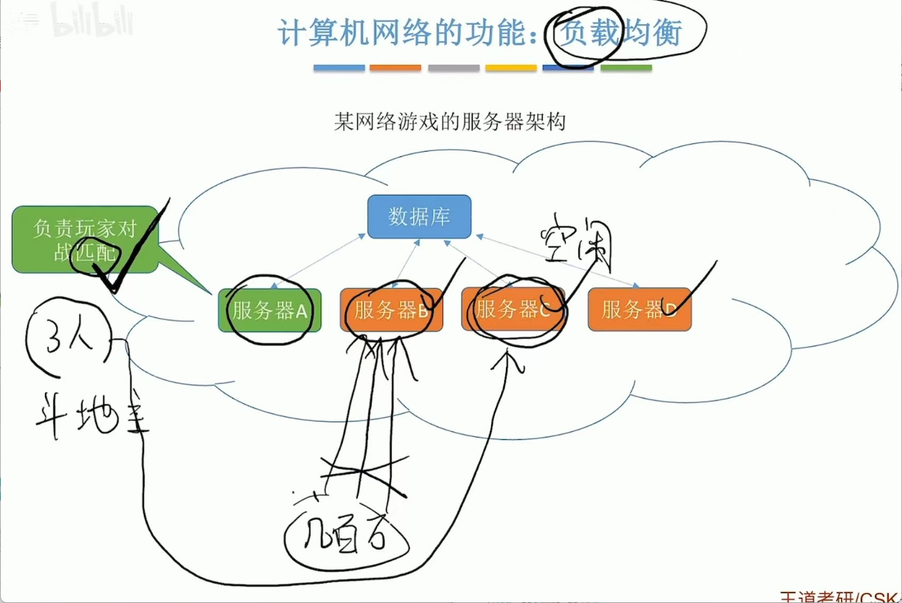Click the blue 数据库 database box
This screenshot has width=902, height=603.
pyautogui.click(x=419, y=216)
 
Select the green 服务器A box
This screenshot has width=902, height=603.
pyautogui.click(x=269, y=310)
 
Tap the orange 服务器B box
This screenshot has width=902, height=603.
pyautogui.click(x=391, y=310)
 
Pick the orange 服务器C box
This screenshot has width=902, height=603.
pyautogui.click(x=513, y=309)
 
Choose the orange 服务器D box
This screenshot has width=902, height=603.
pyautogui.click(x=639, y=309)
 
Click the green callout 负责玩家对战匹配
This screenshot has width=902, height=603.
pyautogui.click(x=85, y=239)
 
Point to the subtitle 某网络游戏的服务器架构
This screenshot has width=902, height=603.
pyautogui.click(x=450, y=122)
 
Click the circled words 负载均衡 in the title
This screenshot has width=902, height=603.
pyautogui.click(x=619, y=33)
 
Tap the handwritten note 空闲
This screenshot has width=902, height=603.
pyautogui.click(x=576, y=239)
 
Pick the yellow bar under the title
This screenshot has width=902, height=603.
pyautogui.click(x=510, y=68)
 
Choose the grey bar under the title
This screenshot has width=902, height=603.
pyautogui.click(x=453, y=68)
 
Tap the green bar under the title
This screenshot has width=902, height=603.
pyautogui.click(x=626, y=68)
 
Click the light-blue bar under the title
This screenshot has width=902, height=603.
pyautogui.click(x=339, y=68)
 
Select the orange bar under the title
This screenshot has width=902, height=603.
pyautogui.click(x=395, y=68)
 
